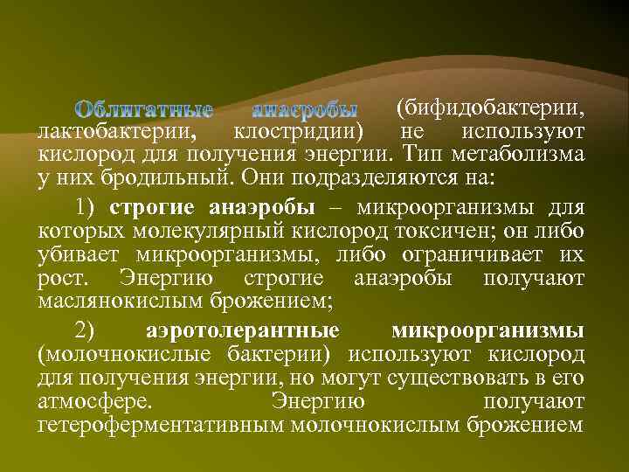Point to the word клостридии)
tap(298, 132)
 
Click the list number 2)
tap(89, 332)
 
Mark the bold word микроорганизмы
tap(488, 332)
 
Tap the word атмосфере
tap(93, 401)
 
